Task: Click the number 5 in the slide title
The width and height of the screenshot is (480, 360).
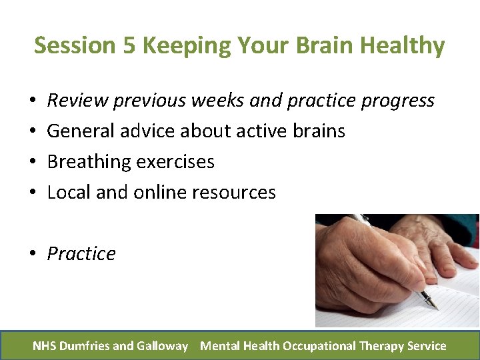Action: [129, 45]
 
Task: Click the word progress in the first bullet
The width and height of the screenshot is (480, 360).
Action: [397, 101]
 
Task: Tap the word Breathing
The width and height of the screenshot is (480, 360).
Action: [89, 162]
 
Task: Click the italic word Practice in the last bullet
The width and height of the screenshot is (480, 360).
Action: [81, 254]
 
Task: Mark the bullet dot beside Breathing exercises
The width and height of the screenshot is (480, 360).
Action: [33, 162]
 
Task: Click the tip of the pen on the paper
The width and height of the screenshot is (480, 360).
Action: [436, 308]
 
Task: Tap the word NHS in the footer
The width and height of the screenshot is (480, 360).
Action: [44, 345]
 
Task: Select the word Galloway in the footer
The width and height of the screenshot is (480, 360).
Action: [162, 345]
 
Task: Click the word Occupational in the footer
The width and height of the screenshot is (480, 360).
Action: [318, 345]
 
